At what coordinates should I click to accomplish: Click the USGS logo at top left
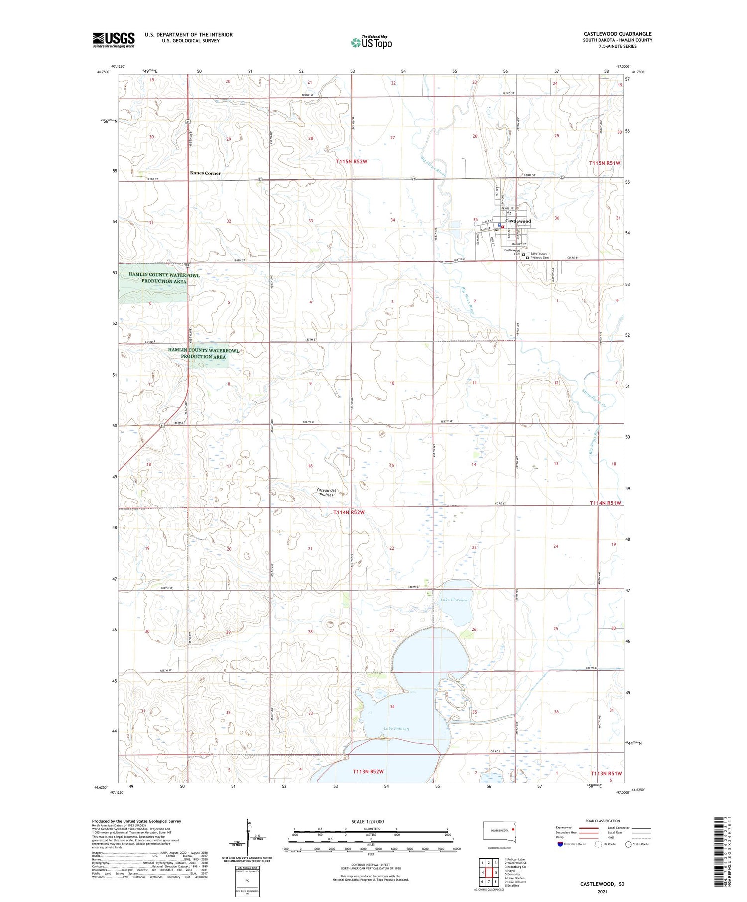click(x=114, y=39)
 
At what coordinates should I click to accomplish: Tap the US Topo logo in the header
click(x=372, y=42)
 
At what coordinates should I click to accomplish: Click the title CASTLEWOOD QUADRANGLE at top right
click(x=618, y=34)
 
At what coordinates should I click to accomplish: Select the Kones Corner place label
click(x=205, y=173)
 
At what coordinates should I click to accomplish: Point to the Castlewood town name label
click(x=518, y=221)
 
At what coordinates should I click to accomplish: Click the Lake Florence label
click(x=454, y=600)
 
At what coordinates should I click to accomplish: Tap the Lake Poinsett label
click(x=396, y=729)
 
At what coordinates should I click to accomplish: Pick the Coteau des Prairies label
click(x=326, y=492)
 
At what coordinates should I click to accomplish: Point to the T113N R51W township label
click(x=606, y=773)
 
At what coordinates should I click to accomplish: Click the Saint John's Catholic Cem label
click(x=539, y=256)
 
